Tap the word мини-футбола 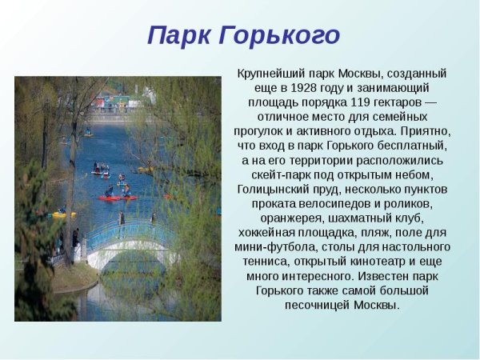pyautogui.click(x=271, y=246)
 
